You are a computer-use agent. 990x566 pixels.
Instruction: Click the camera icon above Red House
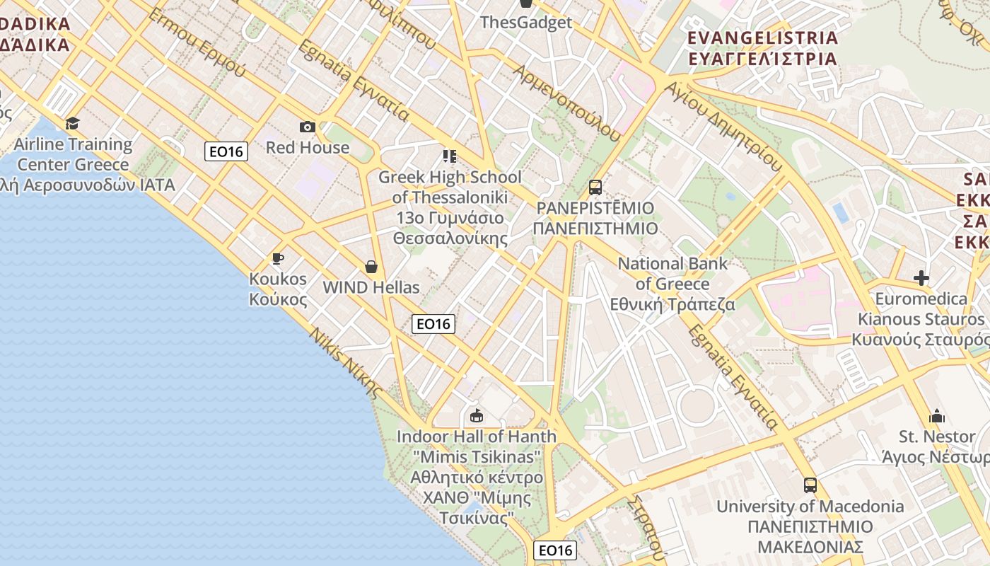308,127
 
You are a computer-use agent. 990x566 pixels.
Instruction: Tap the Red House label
308,147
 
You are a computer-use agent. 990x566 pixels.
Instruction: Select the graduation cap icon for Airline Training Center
73,124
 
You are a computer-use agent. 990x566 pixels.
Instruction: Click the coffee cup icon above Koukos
278,259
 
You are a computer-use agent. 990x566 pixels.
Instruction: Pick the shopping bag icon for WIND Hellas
371,267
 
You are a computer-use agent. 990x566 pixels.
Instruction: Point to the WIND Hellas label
371,287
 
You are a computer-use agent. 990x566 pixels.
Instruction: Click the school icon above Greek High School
450,156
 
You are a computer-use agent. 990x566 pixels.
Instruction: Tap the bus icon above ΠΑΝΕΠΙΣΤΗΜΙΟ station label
595,187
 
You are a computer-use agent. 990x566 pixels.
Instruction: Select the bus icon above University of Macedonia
810,485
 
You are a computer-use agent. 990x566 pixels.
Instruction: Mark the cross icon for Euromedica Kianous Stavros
921,278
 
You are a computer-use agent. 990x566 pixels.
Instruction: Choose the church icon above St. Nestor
937,415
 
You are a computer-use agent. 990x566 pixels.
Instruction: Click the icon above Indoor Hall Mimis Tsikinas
477,415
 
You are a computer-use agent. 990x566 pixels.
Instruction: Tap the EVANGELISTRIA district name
762,38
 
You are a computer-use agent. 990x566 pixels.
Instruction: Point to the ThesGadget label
526,22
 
